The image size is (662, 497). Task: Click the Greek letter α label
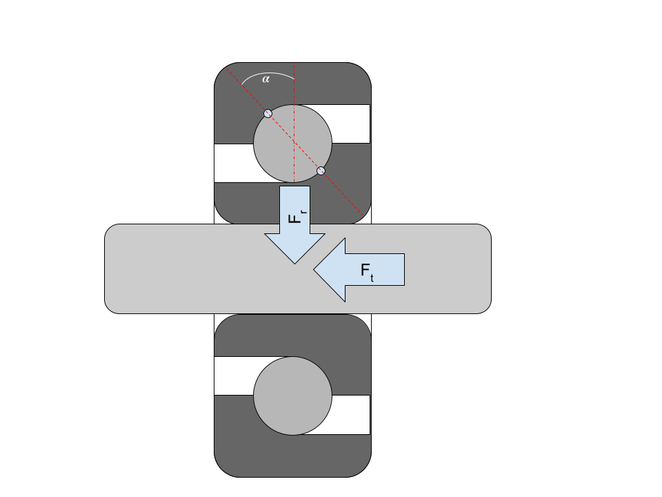coord(266,79)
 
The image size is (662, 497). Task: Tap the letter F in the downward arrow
coord(294,217)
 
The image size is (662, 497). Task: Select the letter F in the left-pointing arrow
coord(366,270)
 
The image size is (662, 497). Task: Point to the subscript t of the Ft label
coord(372,278)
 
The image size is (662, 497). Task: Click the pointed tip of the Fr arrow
coord(295,262)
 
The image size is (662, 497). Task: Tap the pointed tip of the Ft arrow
coord(315,270)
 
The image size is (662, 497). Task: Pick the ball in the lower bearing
coord(292,396)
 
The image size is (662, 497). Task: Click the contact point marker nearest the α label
coord(268,113)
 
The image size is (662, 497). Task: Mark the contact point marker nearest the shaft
coord(321,170)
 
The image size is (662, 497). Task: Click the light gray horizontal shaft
coord(172,269)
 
